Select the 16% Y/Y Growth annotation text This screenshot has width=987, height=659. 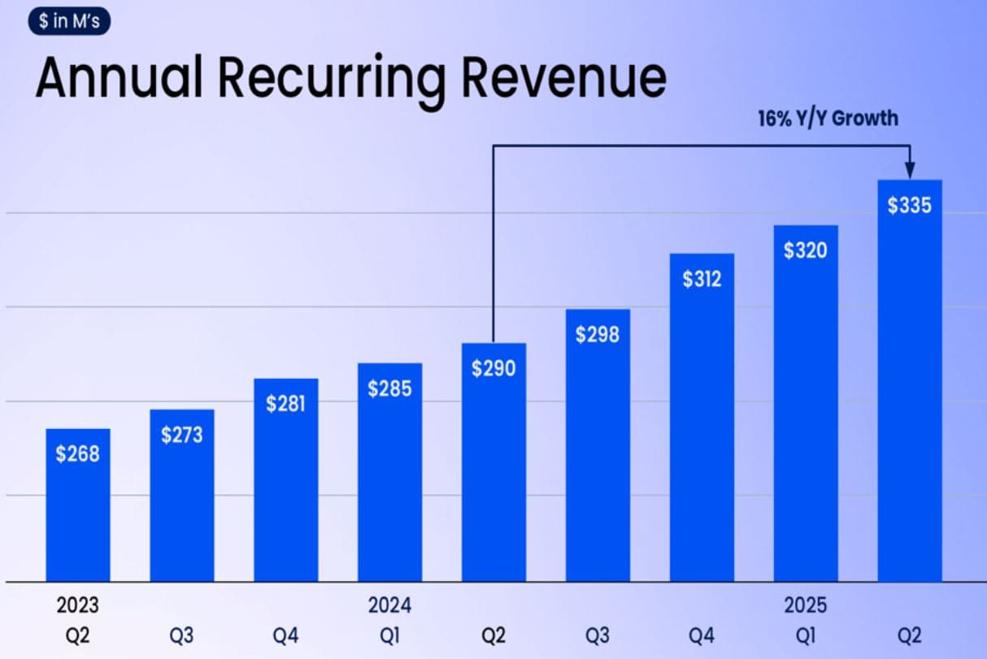pos(828,118)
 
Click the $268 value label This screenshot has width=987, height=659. pos(77,453)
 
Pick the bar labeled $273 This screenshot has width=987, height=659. pos(182,504)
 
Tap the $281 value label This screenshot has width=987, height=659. pos(285,404)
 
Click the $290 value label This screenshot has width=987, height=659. pos(493,368)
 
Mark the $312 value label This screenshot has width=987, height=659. pos(702,279)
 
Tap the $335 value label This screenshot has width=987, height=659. pos(910,206)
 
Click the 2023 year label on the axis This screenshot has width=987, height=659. pos(77,605)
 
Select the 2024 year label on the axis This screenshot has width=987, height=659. pos(389,605)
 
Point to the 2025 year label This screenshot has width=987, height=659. pos(806,605)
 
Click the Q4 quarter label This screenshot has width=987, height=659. pos(285,635)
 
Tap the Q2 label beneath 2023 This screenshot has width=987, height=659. pos(77,635)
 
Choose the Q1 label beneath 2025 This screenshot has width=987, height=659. pos(806,635)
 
